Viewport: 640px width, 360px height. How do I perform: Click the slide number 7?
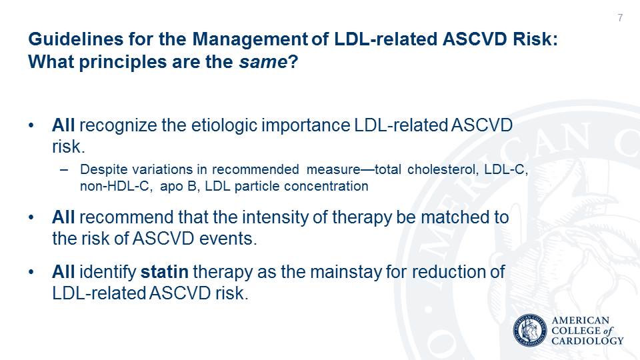point(620,17)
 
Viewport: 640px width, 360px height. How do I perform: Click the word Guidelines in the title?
point(76,39)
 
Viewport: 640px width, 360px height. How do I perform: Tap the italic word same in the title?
point(263,62)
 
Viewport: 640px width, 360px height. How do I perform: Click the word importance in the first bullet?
point(306,125)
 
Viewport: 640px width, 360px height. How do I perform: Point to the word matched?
point(455,217)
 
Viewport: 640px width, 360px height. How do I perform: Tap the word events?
point(228,239)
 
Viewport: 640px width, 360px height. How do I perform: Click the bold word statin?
point(164,272)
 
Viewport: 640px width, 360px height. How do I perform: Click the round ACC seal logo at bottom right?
point(530,331)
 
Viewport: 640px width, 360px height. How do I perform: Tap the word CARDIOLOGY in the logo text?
point(587,341)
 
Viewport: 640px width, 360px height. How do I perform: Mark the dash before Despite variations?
point(64,169)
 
